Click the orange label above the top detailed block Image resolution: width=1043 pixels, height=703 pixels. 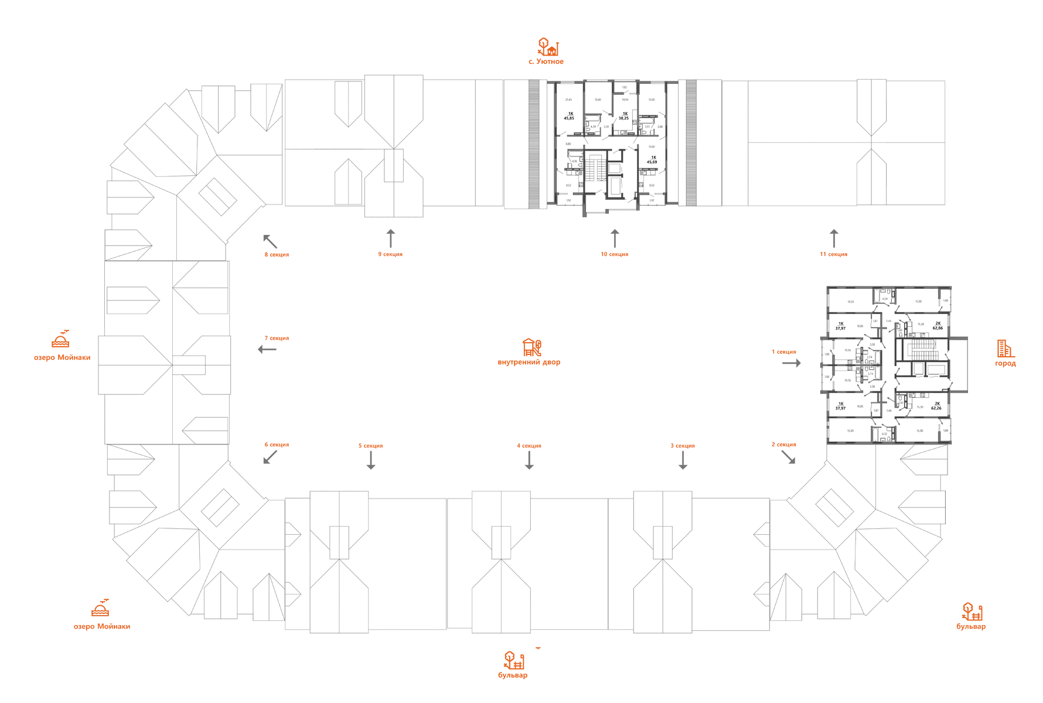[x=546, y=50]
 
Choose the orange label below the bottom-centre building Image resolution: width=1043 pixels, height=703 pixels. [x=513, y=664]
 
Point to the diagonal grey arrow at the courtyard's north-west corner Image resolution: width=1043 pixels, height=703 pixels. [x=270, y=241]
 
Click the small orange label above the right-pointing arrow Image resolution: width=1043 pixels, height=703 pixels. [x=784, y=351]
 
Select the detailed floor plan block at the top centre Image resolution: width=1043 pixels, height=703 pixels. [x=612, y=144]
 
